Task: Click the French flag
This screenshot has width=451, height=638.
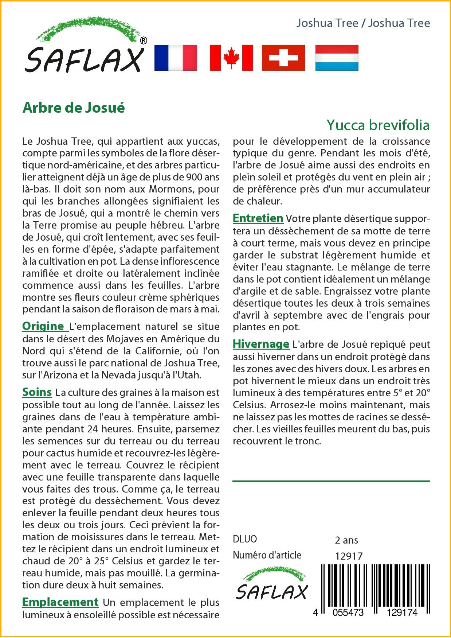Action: [176, 58]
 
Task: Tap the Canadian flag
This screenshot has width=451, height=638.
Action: [231, 58]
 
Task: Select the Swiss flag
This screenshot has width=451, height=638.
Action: [283, 58]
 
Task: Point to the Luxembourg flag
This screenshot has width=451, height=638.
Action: [337, 58]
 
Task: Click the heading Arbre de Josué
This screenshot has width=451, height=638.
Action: [74, 108]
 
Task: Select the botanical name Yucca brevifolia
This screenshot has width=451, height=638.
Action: [378, 125]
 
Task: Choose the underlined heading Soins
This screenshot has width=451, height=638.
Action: [37, 392]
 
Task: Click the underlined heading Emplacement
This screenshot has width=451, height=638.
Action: [60, 602]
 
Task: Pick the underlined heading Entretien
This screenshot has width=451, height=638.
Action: [258, 218]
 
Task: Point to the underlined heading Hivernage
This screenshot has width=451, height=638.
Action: [261, 344]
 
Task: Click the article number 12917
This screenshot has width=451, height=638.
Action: [349, 556]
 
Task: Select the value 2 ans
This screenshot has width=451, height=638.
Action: [346, 540]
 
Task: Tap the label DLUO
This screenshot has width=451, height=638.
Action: [245, 539]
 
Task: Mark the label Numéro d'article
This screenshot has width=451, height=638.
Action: [267, 555]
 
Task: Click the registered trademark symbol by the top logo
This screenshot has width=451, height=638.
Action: [143, 40]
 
